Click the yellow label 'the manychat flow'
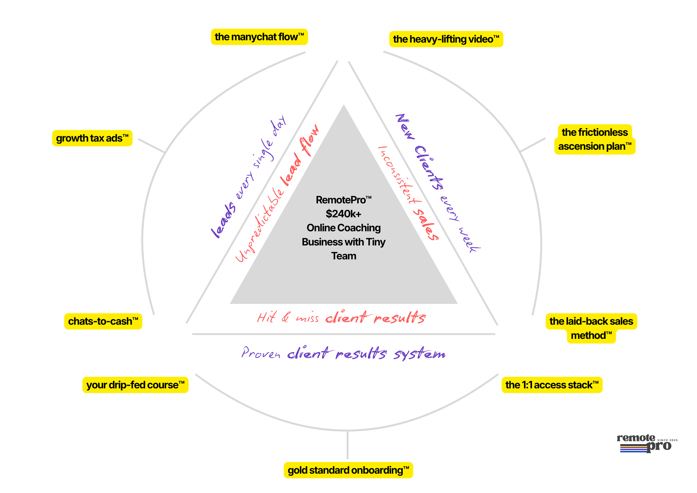pos(259,37)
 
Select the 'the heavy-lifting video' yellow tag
pos(446,39)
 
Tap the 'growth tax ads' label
pos(92,138)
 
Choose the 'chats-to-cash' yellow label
pos(103,321)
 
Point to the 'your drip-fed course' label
pos(135,385)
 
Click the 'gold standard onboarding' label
pos(348,470)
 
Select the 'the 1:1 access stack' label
pos(551,385)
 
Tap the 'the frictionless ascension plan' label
pos(594,139)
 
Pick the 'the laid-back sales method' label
pos(591,328)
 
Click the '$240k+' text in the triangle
pos(343,214)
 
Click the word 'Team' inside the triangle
pos(343,256)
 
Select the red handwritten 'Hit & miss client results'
pos(341,318)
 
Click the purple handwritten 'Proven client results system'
pos(343,353)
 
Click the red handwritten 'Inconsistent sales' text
pos(407,193)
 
